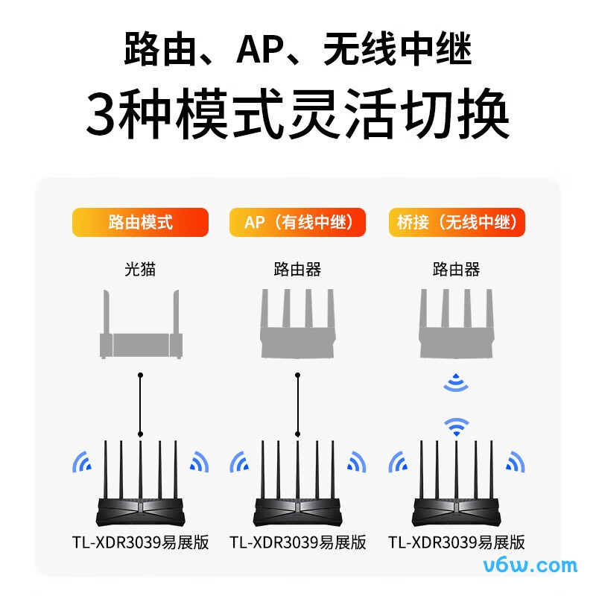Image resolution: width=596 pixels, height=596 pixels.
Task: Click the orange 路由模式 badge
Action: pos(140,222)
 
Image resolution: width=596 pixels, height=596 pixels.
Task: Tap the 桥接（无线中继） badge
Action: pos(457,222)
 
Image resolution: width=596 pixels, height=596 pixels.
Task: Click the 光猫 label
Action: pos(140,269)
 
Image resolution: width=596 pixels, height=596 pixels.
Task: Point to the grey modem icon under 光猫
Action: pos(141,332)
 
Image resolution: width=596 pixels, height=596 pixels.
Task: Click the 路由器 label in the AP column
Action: pos(298,269)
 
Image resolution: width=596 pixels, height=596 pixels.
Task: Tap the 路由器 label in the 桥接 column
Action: pos(457,269)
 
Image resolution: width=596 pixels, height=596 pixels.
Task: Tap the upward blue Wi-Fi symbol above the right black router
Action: pos(457,426)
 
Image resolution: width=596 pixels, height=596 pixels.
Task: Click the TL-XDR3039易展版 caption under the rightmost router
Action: pos(457,542)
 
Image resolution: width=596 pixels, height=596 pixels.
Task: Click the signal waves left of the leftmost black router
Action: pos(82,463)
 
